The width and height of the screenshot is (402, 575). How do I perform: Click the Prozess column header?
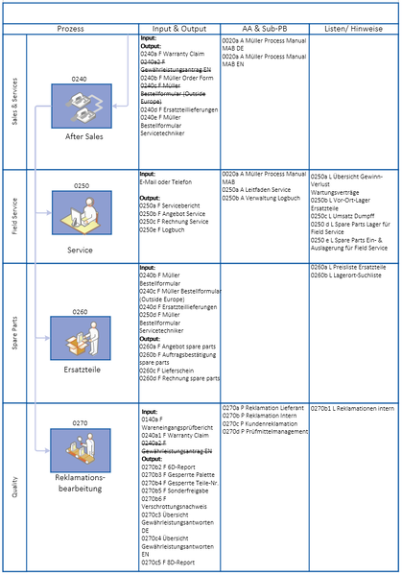point(70,30)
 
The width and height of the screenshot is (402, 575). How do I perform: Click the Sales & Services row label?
point(13,102)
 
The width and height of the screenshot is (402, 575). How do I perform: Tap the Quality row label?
point(13,490)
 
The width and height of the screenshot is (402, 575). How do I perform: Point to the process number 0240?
point(80,77)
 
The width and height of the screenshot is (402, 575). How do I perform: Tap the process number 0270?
point(80,421)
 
